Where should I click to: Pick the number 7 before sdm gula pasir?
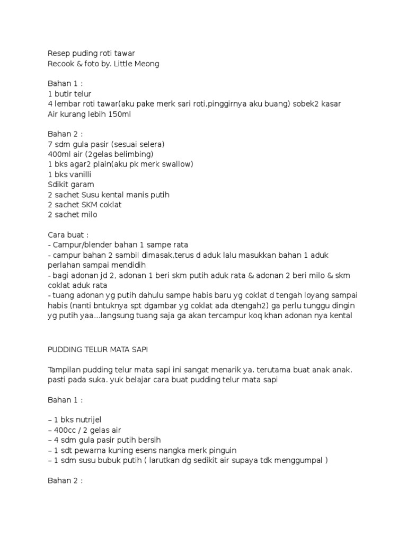coord(50,144)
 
